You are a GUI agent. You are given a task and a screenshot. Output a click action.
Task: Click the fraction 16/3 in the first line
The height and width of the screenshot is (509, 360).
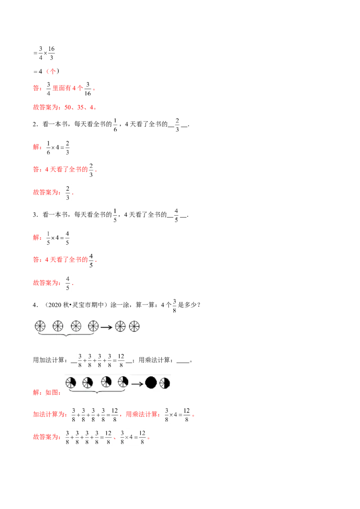point(51,53)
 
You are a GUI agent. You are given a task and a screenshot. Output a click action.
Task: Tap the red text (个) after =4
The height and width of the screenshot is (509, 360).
point(53,71)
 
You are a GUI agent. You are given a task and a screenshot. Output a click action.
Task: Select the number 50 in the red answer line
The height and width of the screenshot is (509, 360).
point(68,107)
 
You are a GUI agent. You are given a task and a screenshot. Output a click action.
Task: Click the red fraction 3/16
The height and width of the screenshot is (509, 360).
point(88,89)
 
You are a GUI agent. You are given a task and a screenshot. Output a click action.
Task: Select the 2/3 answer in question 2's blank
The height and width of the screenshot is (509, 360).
point(177,125)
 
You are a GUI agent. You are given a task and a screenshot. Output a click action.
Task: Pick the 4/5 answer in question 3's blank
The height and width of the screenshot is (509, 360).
point(176,215)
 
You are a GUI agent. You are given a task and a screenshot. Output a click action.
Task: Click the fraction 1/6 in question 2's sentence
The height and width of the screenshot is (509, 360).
point(115,125)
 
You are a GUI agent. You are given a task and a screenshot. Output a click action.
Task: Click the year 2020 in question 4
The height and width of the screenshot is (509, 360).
point(55,305)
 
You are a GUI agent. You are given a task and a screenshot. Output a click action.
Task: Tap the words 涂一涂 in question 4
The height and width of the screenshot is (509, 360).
point(120,305)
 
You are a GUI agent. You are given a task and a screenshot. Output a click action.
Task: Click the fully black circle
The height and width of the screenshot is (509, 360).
point(151,383)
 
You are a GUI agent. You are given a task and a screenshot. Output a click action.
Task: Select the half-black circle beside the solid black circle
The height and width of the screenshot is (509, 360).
point(165,383)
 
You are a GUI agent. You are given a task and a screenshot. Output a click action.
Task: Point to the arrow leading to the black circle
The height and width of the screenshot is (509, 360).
point(137,384)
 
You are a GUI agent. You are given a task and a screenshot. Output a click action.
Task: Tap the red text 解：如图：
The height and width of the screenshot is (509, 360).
point(47,393)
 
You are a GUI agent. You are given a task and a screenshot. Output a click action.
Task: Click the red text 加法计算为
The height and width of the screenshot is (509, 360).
point(49,414)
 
